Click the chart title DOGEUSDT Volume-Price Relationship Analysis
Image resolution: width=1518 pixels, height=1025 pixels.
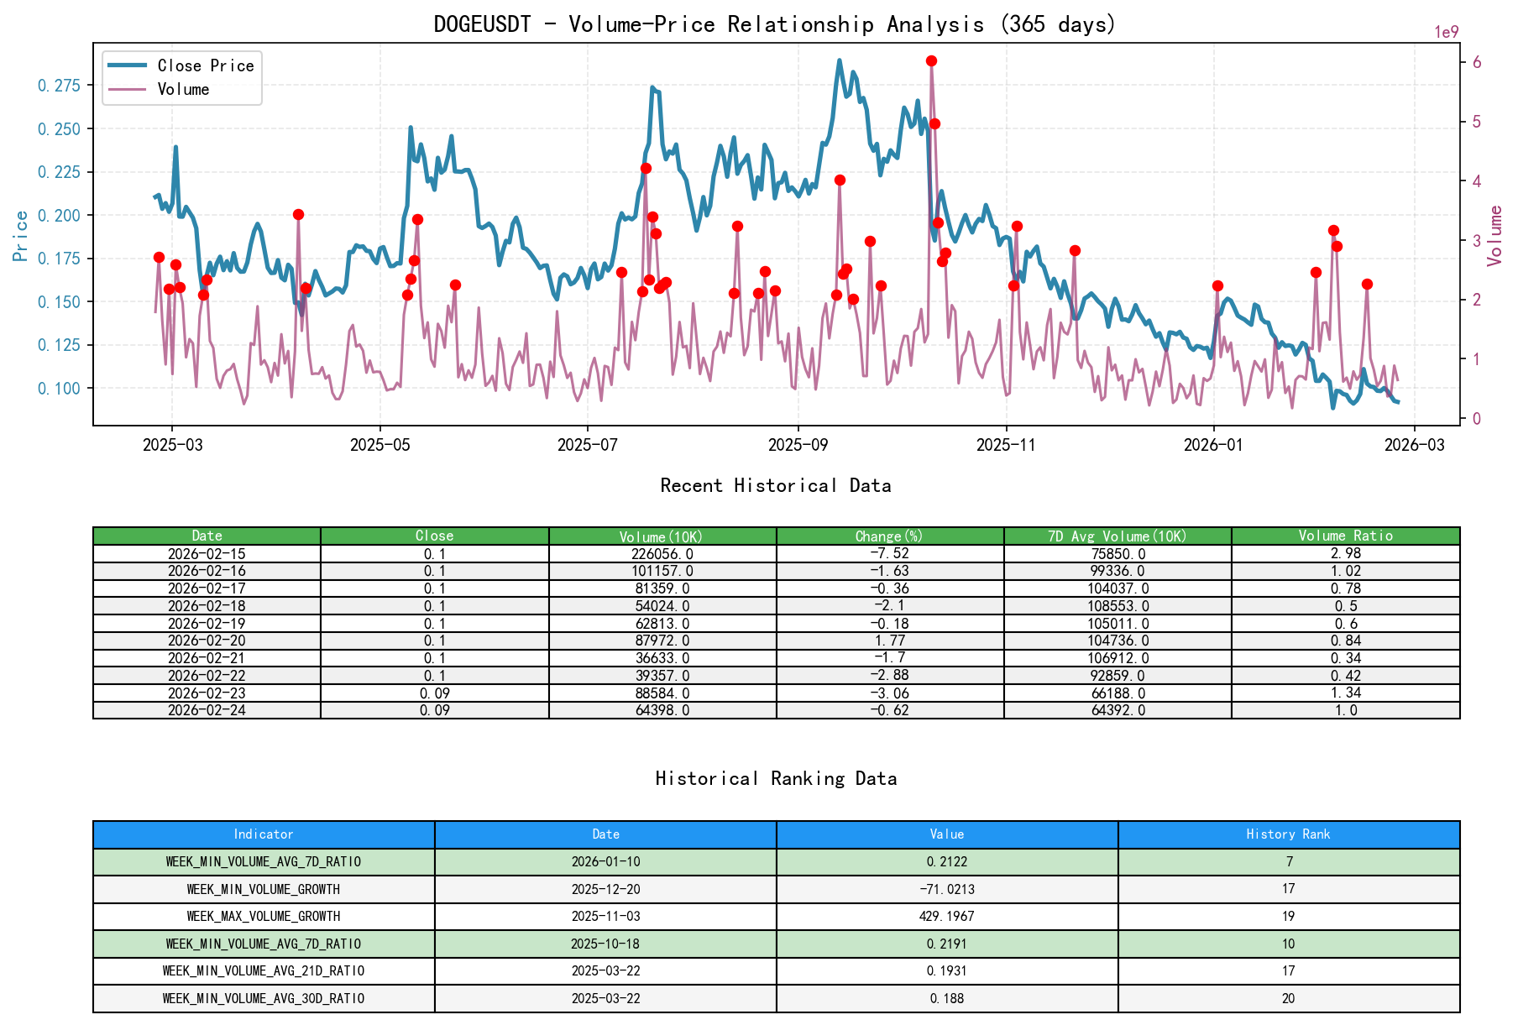[x=774, y=24]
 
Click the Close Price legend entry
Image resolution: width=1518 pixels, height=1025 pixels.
[x=205, y=65]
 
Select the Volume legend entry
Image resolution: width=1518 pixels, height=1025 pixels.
[x=183, y=89]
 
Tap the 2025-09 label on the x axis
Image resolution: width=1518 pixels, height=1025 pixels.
[x=797, y=445]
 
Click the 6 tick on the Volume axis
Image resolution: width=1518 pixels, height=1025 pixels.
[x=1477, y=63]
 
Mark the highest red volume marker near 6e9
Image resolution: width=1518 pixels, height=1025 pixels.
[x=931, y=61]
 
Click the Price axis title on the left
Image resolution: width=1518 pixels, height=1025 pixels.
[x=21, y=236]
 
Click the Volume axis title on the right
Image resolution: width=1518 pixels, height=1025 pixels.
[x=1494, y=236]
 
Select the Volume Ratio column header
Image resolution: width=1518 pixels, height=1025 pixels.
[x=1345, y=536]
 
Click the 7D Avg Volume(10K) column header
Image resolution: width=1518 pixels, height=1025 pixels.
[x=1117, y=536]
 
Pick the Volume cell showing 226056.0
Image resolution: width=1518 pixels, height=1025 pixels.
[x=662, y=554]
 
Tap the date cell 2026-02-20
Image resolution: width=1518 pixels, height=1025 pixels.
[x=207, y=641]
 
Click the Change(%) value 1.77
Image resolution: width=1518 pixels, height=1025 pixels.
[x=890, y=641]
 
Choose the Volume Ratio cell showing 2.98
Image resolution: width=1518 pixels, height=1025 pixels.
[x=1345, y=553]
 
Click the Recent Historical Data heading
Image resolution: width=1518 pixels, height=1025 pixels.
[x=775, y=485]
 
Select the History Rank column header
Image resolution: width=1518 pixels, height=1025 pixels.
[x=1288, y=834]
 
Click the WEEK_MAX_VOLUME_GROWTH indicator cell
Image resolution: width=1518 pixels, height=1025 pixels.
[x=264, y=916]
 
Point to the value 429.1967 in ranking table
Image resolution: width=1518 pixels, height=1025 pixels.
[x=946, y=916]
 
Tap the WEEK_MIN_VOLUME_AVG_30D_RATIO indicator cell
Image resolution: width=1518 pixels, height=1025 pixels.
[x=264, y=998]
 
